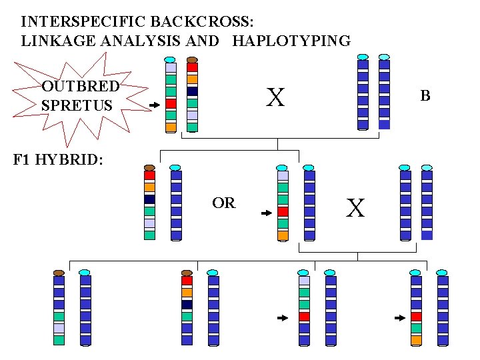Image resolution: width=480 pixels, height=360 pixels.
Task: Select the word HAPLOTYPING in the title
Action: click(x=291, y=41)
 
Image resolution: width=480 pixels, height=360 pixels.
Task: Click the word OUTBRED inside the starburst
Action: click(x=80, y=86)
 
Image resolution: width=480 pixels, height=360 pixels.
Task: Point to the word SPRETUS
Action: click(x=77, y=105)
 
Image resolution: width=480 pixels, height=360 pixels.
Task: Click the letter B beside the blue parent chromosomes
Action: click(x=425, y=96)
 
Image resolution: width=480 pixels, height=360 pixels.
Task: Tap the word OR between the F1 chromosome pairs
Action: click(x=224, y=203)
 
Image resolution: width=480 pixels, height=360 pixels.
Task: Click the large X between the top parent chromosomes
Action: click(x=275, y=98)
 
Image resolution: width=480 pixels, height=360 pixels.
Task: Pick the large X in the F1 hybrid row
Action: click(x=356, y=209)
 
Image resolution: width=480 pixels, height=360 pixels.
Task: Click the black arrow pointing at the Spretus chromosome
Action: click(x=154, y=105)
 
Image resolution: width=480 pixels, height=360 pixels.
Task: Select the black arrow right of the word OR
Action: click(x=266, y=213)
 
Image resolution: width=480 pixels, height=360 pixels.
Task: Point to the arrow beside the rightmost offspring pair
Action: click(x=400, y=318)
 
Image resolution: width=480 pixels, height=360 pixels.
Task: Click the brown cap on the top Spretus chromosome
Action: click(x=192, y=59)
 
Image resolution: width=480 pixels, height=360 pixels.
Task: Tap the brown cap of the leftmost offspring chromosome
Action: click(x=59, y=273)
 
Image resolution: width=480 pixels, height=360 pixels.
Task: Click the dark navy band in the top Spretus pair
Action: click(x=192, y=91)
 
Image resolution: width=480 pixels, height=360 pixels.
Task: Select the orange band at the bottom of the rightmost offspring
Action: click(x=417, y=340)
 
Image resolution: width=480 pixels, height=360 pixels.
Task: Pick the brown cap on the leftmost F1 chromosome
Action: click(x=149, y=167)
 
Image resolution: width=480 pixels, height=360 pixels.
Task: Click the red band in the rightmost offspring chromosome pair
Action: click(x=417, y=316)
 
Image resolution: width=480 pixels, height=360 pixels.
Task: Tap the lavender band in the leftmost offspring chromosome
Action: click(x=59, y=328)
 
